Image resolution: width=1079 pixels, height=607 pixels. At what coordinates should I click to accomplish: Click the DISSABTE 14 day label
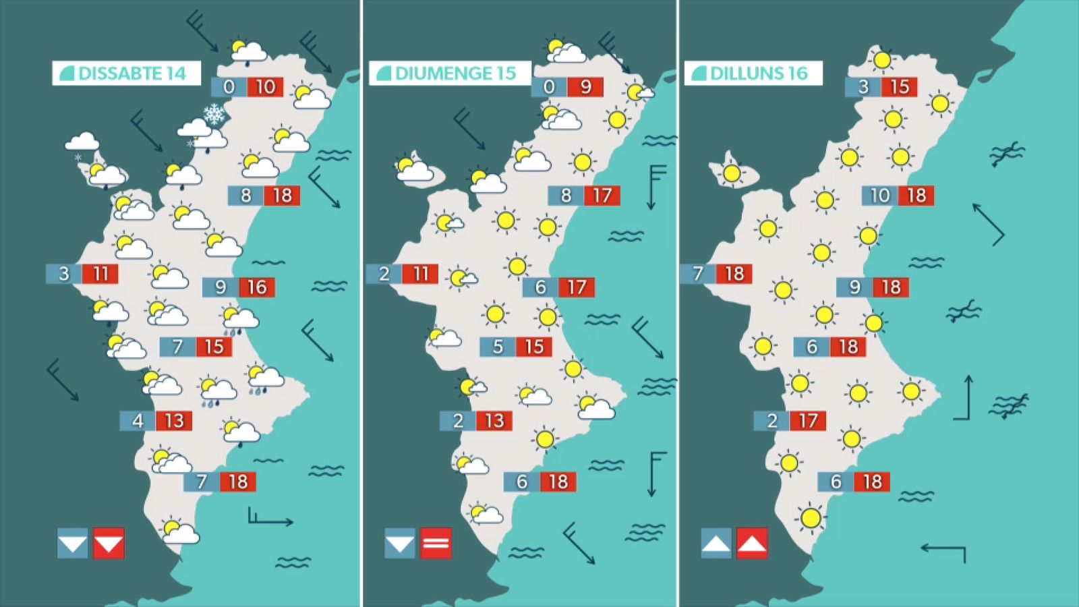127,73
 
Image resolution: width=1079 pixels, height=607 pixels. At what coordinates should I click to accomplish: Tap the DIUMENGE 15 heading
450,73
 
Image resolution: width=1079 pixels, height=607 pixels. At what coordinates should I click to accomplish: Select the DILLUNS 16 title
753,73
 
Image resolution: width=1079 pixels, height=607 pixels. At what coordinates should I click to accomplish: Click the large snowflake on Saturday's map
214,115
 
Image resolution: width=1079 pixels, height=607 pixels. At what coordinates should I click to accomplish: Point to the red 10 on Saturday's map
265,87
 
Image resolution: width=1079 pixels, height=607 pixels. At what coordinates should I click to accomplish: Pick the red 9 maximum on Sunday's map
585,87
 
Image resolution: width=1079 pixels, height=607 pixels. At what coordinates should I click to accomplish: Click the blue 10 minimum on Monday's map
879,196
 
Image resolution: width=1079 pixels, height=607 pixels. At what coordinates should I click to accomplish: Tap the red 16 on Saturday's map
257,287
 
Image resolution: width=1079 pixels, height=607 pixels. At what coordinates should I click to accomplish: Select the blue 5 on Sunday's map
498,347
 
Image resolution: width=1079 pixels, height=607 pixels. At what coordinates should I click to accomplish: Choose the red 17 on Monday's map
808,421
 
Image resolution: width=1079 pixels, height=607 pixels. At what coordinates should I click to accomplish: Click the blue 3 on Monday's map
863,87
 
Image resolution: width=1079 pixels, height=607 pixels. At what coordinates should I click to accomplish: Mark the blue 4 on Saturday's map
138,421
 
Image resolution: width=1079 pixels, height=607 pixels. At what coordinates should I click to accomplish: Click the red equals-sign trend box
436,544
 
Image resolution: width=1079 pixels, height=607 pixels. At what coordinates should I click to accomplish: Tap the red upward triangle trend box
752,544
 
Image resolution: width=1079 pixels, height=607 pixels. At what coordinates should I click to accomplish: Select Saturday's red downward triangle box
109,544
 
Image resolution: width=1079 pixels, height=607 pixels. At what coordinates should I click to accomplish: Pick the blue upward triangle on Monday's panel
716,544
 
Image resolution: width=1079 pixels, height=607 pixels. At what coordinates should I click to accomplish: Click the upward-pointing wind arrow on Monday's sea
966,398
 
